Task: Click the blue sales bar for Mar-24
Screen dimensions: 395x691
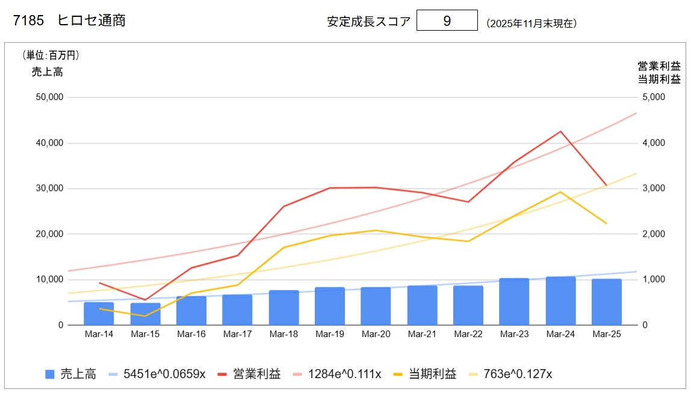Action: pos(560,301)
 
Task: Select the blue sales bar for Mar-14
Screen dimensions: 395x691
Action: pos(99,314)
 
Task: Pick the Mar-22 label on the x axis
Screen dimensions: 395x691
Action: pos(468,334)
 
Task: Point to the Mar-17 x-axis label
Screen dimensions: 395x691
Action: pos(237,334)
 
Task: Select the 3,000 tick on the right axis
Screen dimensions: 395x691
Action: pos(653,188)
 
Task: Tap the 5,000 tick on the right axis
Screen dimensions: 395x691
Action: pos(653,97)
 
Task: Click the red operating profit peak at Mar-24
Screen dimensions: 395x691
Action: pos(560,131)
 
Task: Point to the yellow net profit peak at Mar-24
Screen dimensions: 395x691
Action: pos(560,192)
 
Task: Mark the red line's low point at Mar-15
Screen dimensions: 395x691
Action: pos(145,300)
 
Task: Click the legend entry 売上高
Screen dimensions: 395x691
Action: pos(78,374)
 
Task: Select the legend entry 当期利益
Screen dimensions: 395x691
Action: pos(433,374)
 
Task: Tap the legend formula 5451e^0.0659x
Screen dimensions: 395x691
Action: pos(164,374)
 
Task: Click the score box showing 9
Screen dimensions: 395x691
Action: pos(447,20)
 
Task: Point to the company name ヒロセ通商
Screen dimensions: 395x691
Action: pos(91,20)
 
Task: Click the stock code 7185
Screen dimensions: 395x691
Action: pos(29,20)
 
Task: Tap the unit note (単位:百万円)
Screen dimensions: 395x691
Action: pos(51,55)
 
